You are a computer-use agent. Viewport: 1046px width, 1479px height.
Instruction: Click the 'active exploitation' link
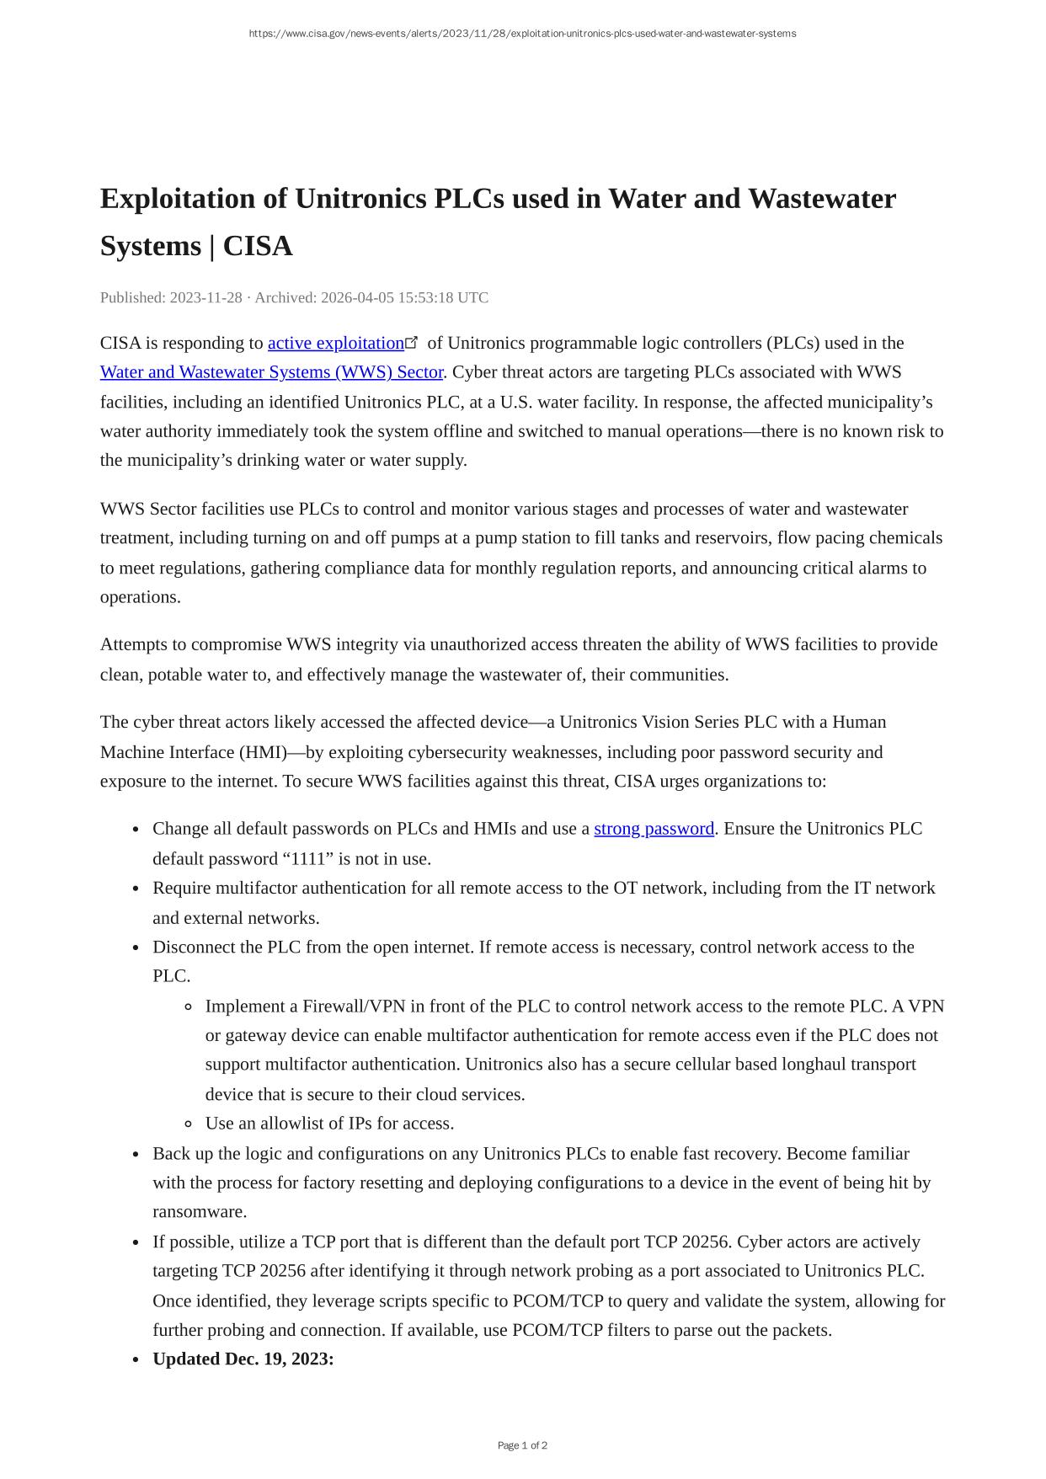tap(335, 344)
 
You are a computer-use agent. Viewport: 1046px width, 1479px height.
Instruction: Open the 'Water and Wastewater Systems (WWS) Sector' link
tap(271, 372)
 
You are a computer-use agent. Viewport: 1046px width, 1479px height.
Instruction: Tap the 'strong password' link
tap(654, 829)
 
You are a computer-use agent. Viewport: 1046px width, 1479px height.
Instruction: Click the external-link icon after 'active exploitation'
tap(412, 342)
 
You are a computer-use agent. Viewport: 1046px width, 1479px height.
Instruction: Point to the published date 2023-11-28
tap(205, 298)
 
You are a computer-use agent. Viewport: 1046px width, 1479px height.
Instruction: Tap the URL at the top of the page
tap(522, 34)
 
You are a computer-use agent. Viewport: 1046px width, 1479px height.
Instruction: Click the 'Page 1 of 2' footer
tap(522, 1445)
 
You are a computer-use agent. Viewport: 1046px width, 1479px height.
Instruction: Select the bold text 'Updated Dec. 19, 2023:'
tap(243, 1359)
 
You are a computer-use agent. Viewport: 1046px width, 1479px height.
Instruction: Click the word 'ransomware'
tap(199, 1212)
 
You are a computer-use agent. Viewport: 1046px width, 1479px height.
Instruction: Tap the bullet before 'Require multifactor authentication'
tap(136, 889)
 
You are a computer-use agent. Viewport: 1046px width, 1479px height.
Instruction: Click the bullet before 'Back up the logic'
tap(136, 1155)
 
